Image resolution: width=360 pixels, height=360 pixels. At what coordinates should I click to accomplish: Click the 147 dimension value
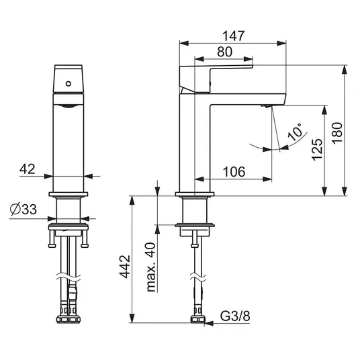234,36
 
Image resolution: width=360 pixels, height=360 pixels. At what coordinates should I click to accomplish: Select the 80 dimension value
224,52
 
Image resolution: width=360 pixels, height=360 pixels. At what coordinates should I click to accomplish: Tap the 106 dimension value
234,172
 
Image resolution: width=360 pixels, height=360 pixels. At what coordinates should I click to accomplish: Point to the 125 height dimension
317,149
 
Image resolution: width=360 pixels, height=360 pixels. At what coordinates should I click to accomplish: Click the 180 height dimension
337,133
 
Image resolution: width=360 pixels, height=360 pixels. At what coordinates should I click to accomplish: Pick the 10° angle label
295,132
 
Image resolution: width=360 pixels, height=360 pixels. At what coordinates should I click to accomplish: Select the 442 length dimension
125,266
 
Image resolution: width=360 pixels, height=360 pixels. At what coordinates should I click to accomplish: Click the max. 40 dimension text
150,267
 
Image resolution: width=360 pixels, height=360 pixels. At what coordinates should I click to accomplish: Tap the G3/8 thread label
235,316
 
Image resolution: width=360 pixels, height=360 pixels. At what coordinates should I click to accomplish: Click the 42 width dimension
28,169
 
